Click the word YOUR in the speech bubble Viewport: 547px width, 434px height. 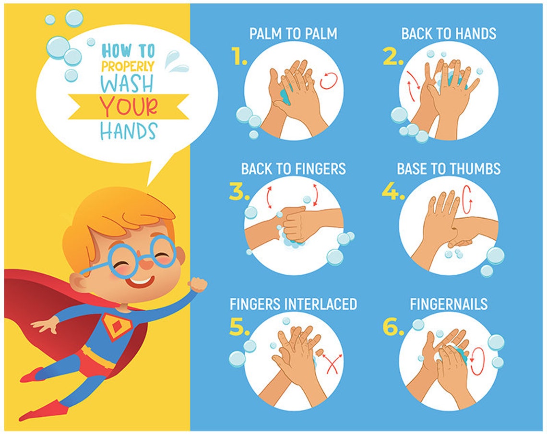(128, 106)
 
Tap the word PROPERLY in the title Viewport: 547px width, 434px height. (128, 66)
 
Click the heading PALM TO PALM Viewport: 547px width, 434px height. (293, 34)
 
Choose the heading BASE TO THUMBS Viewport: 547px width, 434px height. (448, 169)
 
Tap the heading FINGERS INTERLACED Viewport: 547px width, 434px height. (293, 304)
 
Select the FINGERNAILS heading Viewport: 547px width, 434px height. (448, 304)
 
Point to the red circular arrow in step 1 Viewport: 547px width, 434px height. (328, 81)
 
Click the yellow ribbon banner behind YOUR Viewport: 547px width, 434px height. (82, 106)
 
